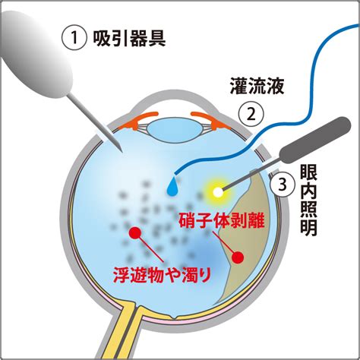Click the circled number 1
[x=74, y=39]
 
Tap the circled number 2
[x=251, y=115]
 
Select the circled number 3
[x=283, y=185]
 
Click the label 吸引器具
[x=129, y=39]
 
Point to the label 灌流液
[x=257, y=86]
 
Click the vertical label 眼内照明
[x=308, y=201]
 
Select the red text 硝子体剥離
[x=222, y=220]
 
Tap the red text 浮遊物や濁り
[x=162, y=275]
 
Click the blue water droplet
[x=172, y=187]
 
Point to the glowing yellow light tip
[x=218, y=192]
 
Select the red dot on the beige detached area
[x=238, y=257]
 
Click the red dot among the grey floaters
[x=134, y=233]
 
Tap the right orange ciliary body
[x=211, y=120]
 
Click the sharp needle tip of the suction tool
[x=122, y=152]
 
